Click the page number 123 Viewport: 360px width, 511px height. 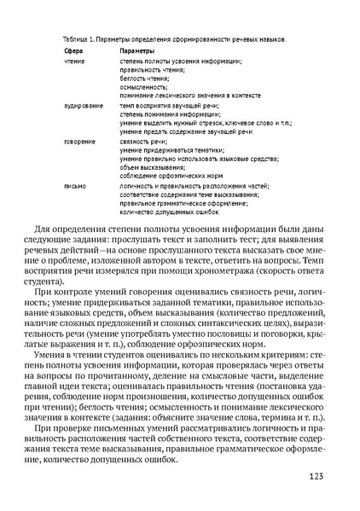point(316,478)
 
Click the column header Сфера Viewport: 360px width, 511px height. point(73,51)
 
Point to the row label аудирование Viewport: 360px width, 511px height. point(81,105)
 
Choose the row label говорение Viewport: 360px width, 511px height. point(79,141)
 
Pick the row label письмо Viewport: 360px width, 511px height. point(74,185)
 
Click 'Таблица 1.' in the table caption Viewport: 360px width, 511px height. point(79,39)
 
